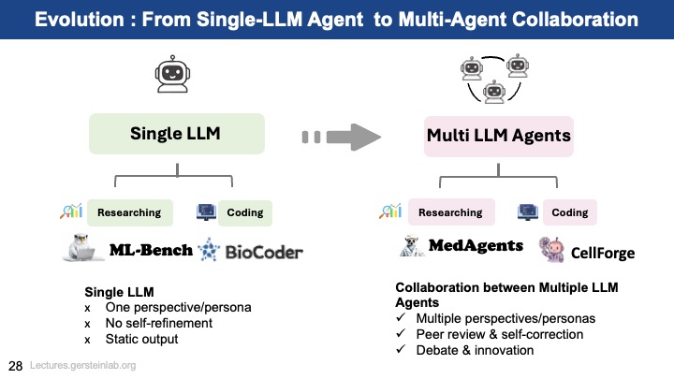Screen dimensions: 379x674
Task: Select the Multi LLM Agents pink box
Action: pos(498,136)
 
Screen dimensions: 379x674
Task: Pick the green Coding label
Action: pos(245,212)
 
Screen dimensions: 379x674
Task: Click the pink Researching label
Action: pos(450,212)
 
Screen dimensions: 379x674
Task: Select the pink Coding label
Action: pos(569,212)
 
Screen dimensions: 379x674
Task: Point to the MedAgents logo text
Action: pos(475,246)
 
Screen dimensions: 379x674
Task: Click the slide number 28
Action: pos(16,365)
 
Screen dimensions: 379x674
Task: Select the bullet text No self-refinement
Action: pos(159,323)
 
